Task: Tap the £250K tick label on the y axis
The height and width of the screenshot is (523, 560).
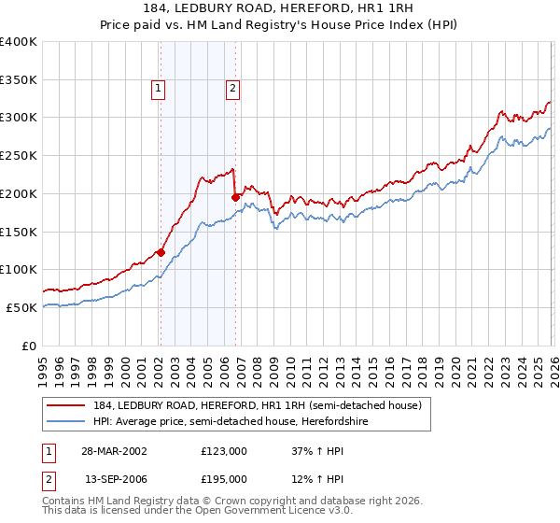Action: (x=18, y=155)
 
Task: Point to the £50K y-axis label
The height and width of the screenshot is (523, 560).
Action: (x=21, y=307)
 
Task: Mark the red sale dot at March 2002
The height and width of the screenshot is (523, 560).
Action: (x=161, y=252)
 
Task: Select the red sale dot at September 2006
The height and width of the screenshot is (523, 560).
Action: (x=236, y=197)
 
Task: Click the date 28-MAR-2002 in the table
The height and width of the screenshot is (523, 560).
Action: (x=114, y=450)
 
